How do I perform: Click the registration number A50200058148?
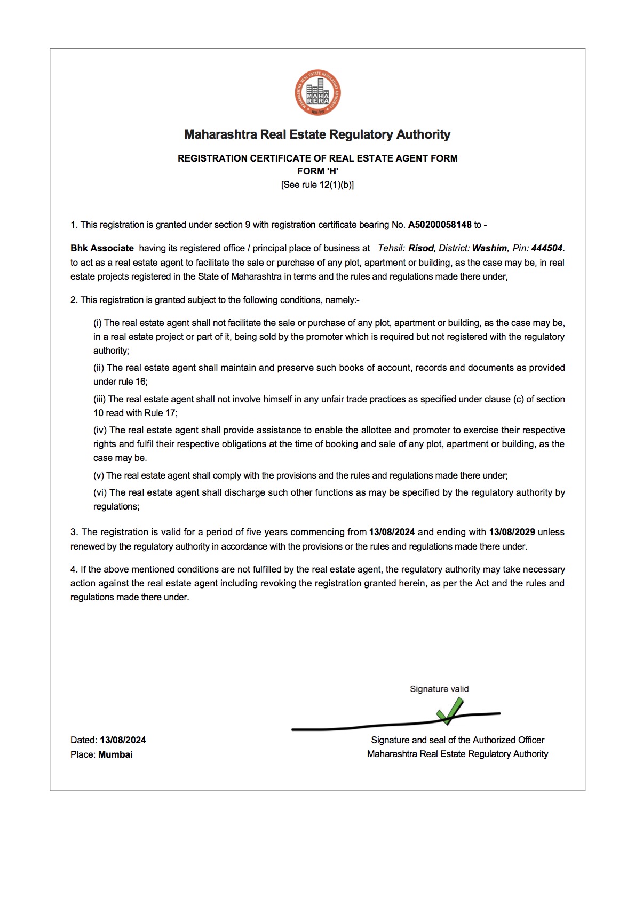tap(440, 225)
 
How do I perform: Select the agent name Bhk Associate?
tap(102, 248)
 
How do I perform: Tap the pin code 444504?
tap(546, 248)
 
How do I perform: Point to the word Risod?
tap(421, 248)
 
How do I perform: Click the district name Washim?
tap(489, 248)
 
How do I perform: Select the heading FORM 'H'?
tap(317, 171)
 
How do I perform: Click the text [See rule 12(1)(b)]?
tap(317, 185)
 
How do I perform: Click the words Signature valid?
tap(439, 689)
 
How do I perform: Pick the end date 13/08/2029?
tap(512, 532)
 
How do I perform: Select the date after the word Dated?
tap(123, 740)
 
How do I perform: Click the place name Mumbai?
tap(115, 754)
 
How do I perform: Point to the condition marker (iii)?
tap(100, 399)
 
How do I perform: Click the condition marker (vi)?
tap(100, 492)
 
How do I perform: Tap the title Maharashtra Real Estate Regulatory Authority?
tap(317, 134)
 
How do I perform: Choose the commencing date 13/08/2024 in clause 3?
tap(392, 532)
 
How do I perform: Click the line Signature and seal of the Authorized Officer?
tap(457, 740)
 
